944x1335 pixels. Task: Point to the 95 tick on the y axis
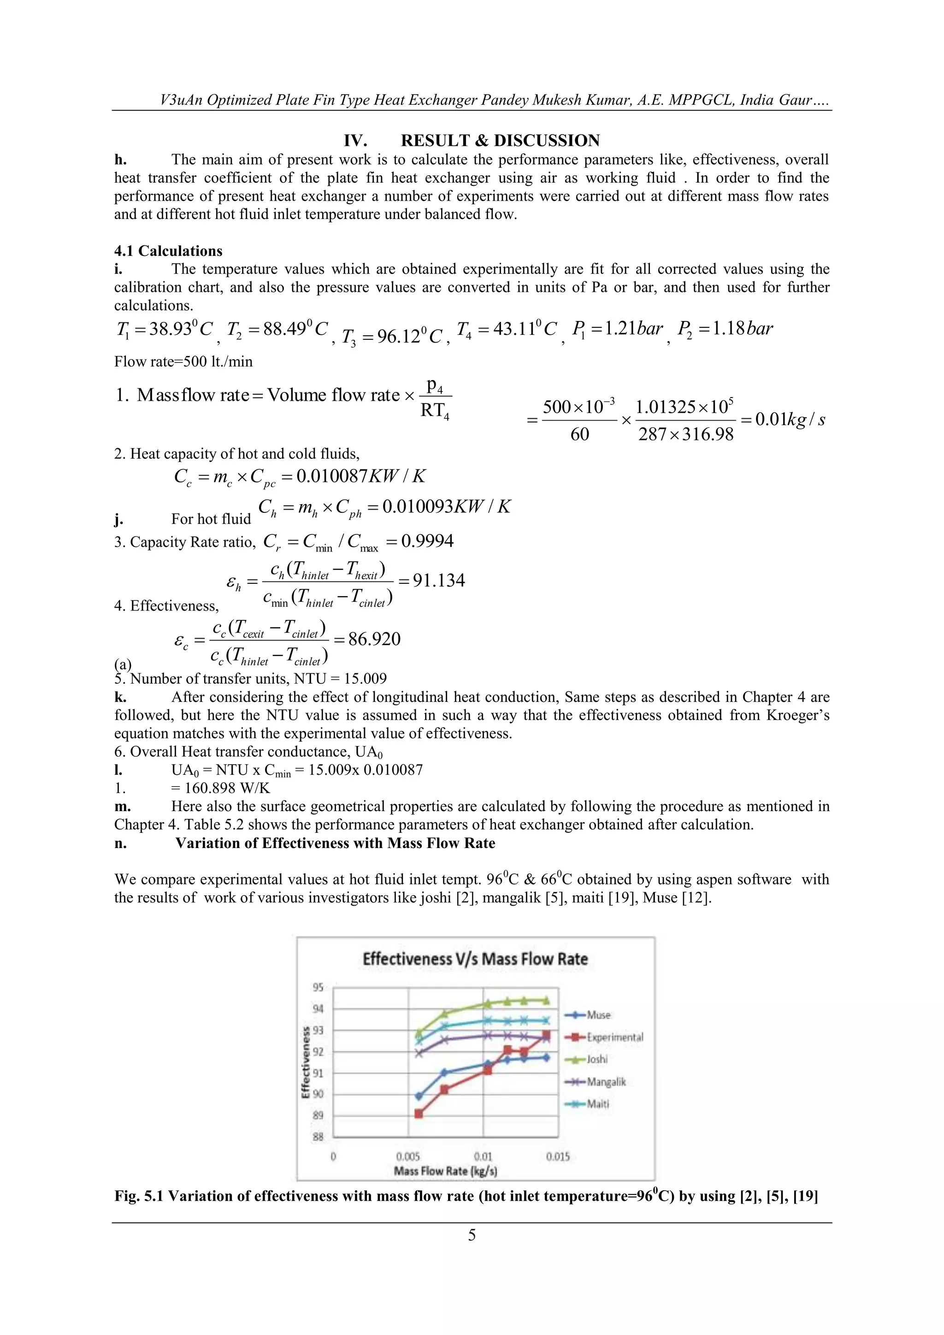coord(318,987)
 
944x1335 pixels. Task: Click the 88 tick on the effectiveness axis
coord(318,1137)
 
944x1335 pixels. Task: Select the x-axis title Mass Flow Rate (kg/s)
coord(445,1171)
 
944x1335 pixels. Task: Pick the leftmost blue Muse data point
coord(419,1096)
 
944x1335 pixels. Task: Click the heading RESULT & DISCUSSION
coord(500,141)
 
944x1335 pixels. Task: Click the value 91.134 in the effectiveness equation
coord(439,580)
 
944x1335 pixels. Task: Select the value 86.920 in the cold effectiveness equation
coord(374,639)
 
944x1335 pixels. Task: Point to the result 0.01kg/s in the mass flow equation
coord(790,419)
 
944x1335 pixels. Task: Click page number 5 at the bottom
coord(472,1235)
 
